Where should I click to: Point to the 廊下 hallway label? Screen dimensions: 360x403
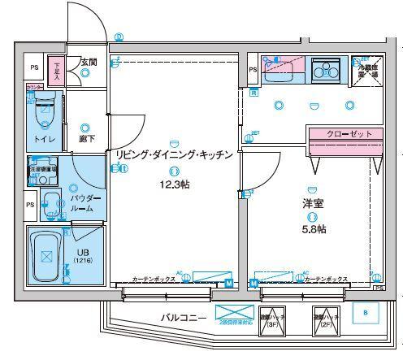pos(86,139)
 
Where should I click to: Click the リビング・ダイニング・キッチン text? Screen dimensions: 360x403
pos(175,154)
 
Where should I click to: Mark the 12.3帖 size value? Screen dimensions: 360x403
pos(175,185)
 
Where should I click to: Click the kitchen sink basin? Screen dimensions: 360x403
pos(284,69)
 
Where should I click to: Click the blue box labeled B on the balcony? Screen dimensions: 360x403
pos(365,312)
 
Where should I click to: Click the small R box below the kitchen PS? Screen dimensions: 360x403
pos(253,92)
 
